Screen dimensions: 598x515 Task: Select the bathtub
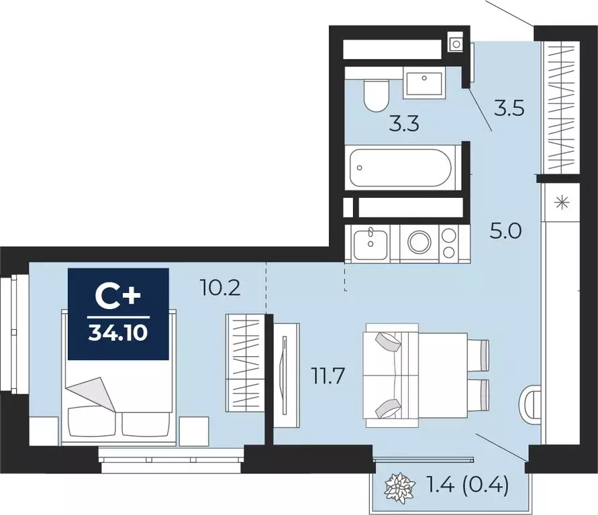[401, 168]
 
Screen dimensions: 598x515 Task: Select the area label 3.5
[509, 108]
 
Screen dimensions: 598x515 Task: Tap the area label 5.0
[505, 231]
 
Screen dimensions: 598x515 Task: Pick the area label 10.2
[220, 288]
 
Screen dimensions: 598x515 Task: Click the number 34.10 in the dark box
[118, 333]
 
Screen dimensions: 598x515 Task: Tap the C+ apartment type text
[118, 298]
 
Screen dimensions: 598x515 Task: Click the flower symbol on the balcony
[399, 488]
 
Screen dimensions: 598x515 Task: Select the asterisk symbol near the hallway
[563, 202]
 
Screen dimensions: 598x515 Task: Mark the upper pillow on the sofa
[388, 341]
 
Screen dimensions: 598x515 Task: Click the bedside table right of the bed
[194, 431]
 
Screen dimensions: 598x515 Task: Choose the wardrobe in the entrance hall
[561, 107]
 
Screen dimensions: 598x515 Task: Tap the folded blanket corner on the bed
[91, 394]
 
